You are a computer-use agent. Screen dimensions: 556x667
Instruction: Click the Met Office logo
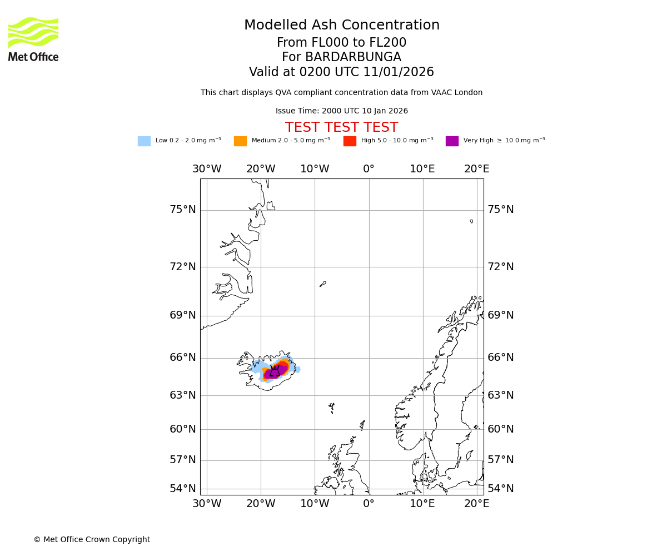point(33,39)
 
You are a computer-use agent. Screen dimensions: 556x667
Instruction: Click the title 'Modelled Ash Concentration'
point(341,26)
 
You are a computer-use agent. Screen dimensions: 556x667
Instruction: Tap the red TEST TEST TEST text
point(341,128)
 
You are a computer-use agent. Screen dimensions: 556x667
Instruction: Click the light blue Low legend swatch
point(144,141)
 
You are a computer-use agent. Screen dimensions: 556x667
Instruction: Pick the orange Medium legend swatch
point(240,141)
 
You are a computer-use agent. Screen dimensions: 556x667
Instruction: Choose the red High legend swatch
point(350,141)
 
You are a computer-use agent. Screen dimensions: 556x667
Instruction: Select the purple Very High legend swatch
point(452,141)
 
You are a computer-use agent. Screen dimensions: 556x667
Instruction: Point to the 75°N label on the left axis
point(182,210)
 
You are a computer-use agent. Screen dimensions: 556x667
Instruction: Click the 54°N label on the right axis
point(500,489)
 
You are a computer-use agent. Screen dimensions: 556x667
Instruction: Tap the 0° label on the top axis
point(369,169)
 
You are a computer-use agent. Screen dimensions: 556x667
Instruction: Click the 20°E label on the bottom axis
point(476,504)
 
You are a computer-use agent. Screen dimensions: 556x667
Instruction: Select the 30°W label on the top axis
point(207,169)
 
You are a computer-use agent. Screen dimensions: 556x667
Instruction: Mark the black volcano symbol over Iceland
point(275,371)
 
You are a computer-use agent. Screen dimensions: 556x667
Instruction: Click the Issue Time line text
point(341,111)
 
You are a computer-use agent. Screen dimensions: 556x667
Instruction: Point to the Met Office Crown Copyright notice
point(92,539)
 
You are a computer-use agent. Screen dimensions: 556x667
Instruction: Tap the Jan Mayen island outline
point(323,284)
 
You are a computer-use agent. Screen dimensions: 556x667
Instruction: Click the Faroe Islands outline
point(332,407)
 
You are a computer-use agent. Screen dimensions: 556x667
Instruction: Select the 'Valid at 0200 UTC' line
point(341,72)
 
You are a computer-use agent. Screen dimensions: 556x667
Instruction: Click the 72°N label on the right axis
point(500,267)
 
